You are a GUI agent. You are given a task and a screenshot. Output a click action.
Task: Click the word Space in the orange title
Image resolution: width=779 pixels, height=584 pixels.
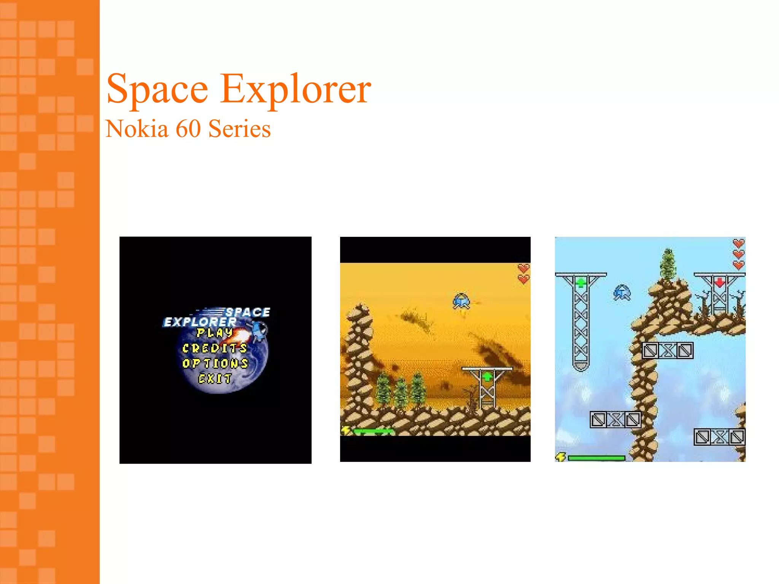pos(157,89)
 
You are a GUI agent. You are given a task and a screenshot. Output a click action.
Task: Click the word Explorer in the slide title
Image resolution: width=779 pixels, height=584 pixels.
pos(296,89)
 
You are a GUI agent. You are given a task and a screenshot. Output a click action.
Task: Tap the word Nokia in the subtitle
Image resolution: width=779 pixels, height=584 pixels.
pos(137,129)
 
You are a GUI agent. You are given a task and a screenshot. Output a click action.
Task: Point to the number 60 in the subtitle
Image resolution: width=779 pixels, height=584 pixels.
pos(188,129)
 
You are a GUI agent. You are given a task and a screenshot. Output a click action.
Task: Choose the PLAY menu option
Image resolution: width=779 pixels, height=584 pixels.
pos(215,333)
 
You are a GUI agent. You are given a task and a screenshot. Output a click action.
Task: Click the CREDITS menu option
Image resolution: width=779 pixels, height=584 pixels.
pos(215,348)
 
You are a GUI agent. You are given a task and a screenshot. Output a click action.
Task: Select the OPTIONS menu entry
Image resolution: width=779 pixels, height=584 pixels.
pos(215,363)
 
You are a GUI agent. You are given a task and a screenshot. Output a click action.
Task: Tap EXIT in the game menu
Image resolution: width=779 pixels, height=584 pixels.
pos(215,379)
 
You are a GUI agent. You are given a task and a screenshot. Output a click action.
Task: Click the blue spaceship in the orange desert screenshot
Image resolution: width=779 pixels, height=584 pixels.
pos(461,301)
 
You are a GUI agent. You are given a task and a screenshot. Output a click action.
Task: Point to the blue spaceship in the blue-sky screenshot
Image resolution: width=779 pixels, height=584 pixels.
pos(622,293)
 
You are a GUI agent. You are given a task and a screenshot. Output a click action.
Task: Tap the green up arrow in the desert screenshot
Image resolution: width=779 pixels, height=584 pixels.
pos(487,377)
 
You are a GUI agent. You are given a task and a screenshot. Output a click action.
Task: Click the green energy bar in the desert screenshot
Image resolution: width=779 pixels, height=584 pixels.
pos(373,431)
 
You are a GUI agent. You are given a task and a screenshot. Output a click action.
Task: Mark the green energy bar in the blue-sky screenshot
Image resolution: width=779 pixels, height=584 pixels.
pos(596,458)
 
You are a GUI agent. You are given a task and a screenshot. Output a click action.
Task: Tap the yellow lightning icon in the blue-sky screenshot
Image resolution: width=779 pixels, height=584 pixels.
pos(561,457)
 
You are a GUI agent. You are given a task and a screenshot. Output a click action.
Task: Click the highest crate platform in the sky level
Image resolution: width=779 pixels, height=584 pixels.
pos(668,351)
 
